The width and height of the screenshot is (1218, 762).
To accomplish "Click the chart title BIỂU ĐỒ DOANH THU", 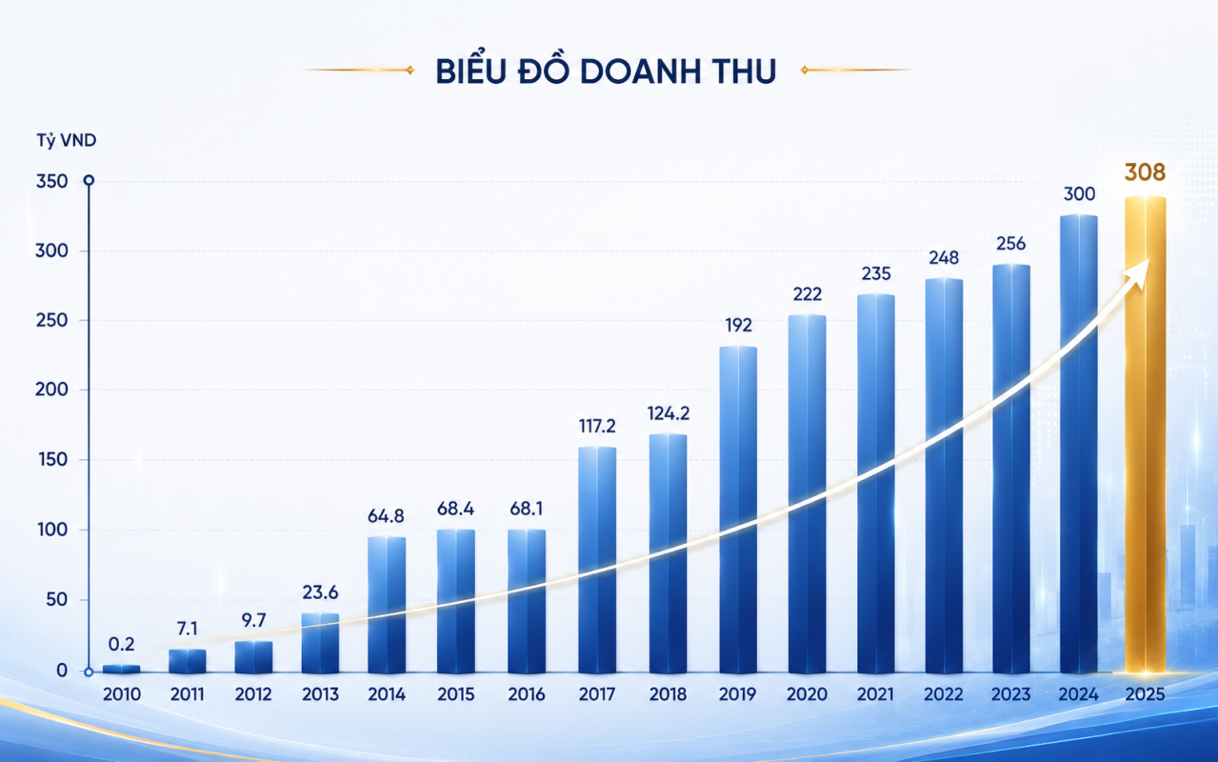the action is click(x=606, y=70).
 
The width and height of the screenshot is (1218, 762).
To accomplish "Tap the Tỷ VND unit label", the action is click(x=67, y=141).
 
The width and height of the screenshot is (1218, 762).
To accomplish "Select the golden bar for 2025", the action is click(x=1145, y=434).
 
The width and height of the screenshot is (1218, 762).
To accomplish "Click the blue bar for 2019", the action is click(x=738, y=510).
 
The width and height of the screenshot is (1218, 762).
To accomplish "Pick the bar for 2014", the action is click(x=387, y=605).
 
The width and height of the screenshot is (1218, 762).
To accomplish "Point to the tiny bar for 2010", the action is click(x=121, y=669).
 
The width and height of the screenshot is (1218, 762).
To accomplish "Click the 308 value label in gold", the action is click(x=1145, y=172).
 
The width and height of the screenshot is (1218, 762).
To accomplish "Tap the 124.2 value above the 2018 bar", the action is click(x=669, y=413).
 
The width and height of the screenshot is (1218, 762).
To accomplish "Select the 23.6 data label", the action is click(x=320, y=592).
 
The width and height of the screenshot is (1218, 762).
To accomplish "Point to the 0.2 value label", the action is click(x=121, y=644).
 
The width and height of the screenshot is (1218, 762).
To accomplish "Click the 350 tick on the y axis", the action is click(x=51, y=181).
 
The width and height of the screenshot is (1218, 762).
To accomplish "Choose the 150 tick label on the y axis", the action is click(x=51, y=460).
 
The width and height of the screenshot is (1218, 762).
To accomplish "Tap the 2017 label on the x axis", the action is click(x=597, y=694).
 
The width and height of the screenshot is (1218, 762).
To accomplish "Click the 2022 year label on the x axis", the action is click(x=944, y=694).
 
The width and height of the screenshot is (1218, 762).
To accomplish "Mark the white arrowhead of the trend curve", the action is click(x=1139, y=273).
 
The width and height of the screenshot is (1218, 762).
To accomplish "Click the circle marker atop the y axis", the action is click(x=89, y=180).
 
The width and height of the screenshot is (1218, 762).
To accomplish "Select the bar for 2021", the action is click(x=876, y=484).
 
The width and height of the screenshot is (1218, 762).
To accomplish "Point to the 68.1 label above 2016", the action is click(x=527, y=509).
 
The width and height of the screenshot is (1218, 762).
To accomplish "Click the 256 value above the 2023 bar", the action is click(x=1010, y=243).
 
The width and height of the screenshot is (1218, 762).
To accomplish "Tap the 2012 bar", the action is click(x=254, y=657).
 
